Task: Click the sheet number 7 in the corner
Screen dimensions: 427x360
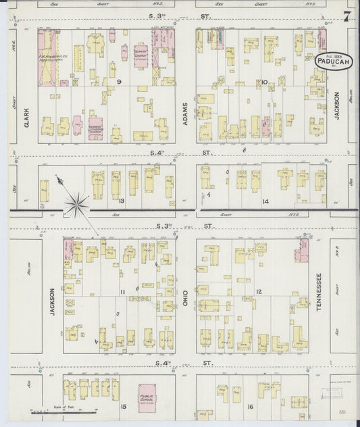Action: pos(346,16)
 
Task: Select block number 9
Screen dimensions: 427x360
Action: pos(118,82)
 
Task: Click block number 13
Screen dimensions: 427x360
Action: pos(122,201)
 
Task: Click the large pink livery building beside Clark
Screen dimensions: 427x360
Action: pos(49,58)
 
